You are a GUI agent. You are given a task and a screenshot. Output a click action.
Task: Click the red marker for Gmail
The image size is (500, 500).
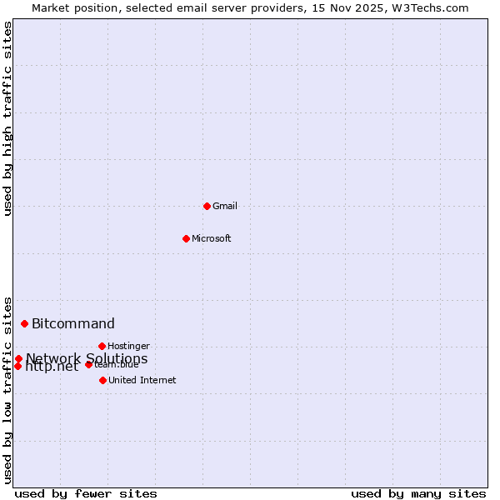(x=207, y=206)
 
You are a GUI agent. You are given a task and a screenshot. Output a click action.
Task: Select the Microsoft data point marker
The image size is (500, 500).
(x=186, y=238)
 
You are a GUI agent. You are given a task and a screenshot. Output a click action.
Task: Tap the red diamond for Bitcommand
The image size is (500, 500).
(x=24, y=323)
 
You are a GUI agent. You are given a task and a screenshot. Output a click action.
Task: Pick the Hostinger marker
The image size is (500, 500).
(x=102, y=346)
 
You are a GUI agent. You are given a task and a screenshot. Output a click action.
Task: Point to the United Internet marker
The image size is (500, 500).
(x=102, y=380)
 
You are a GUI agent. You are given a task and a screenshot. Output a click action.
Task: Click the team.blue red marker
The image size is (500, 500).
(x=88, y=364)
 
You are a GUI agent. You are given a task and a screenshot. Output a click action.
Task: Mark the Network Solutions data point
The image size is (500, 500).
(x=18, y=358)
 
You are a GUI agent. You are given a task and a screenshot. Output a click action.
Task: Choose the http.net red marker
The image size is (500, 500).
(x=17, y=366)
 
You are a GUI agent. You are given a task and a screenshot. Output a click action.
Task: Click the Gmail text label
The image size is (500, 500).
(x=225, y=206)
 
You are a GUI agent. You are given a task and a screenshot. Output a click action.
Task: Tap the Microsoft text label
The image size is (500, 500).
(x=212, y=238)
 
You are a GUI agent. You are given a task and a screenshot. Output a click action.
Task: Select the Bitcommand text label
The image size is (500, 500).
(x=73, y=323)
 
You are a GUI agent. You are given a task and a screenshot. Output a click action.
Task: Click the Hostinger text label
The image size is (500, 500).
(x=129, y=346)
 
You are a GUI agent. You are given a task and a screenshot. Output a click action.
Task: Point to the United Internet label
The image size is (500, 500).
(x=142, y=380)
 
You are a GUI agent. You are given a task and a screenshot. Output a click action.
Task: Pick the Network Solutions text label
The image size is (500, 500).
(x=87, y=358)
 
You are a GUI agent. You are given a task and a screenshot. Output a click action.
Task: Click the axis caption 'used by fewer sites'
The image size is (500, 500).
(x=86, y=493)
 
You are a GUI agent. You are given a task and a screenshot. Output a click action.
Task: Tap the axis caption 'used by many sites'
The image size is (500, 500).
(x=418, y=493)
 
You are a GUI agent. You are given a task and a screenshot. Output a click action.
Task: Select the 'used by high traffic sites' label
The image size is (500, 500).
(x=8, y=118)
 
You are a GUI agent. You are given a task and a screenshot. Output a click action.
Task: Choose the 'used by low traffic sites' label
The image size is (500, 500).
(x=8, y=390)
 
